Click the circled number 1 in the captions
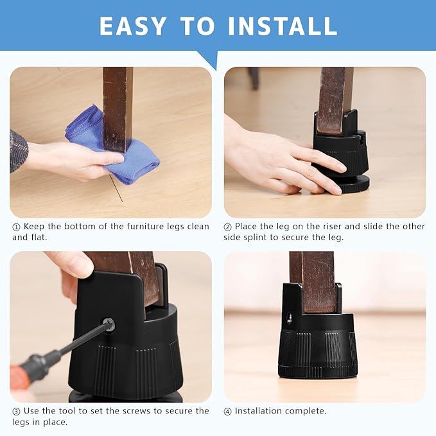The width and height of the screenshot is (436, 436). point(16,227)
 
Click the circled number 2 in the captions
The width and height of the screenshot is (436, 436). point(227,227)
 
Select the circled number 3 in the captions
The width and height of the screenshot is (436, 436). point(16,411)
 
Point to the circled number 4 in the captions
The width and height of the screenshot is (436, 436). point(227,411)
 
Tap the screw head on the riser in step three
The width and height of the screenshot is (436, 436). point(109,325)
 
